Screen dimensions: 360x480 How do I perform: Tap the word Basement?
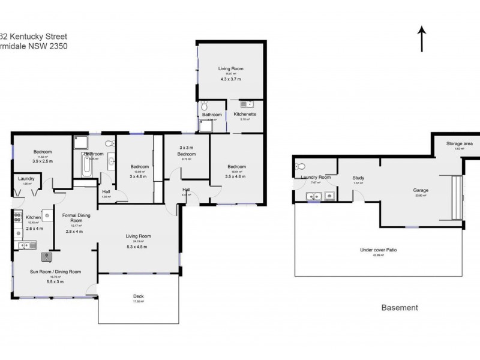[x=400, y=308]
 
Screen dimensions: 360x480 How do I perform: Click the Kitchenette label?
[x=245, y=114]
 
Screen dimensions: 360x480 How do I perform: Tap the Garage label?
[x=421, y=190]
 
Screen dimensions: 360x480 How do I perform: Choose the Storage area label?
[x=459, y=144]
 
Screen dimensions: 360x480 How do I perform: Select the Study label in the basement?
[x=359, y=178]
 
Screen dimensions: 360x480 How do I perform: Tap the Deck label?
[x=138, y=296]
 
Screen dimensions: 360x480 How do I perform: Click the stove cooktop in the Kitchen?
[x=16, y=217]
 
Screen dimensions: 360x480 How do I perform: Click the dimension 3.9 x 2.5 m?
[x=42, y=161]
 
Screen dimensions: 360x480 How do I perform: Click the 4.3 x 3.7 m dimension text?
[x=230, y=79]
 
